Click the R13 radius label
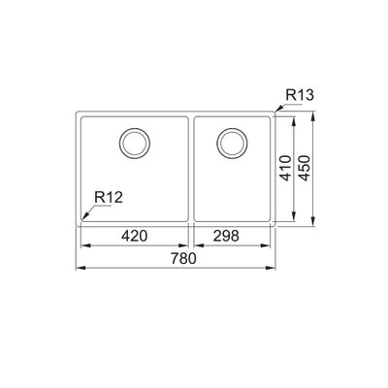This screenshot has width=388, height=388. click(298, 95)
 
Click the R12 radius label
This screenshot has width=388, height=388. click(109, 199)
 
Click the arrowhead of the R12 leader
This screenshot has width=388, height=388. click(81, 217)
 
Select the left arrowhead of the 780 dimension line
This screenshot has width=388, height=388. click(79, 269)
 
